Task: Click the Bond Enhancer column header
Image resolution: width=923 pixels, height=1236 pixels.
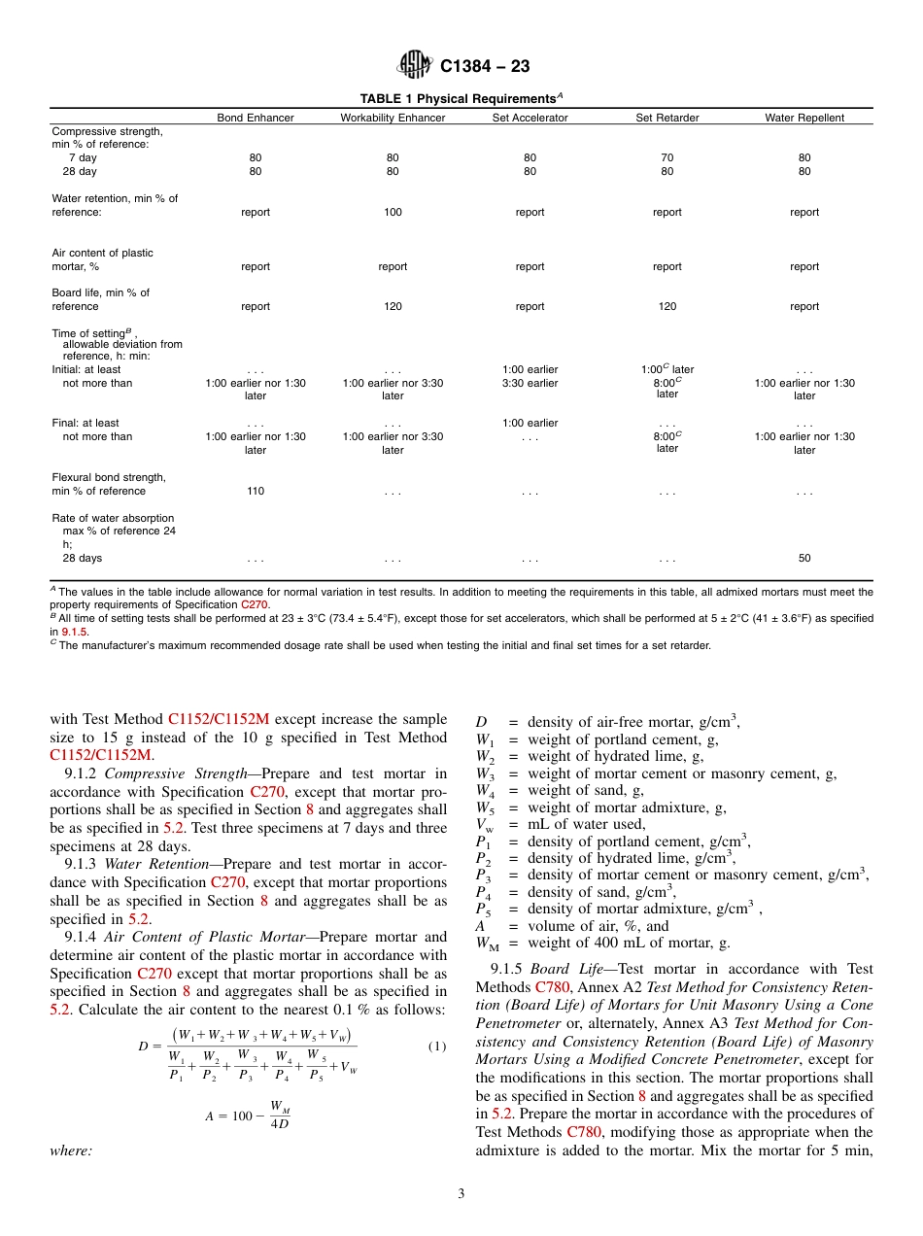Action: click(256, 118)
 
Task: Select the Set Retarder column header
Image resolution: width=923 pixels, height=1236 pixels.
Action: click(667, 118)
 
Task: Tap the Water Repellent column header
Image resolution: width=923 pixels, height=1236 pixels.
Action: click(804, 118)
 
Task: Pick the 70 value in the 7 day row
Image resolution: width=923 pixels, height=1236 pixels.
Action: click(667, 157)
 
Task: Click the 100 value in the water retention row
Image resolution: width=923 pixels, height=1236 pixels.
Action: click(393, 212)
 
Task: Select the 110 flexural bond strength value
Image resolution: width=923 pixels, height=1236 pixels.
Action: click(256, 492)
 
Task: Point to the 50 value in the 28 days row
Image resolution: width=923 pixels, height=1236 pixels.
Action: click(804, 559)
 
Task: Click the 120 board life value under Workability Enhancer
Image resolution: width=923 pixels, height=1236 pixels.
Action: click(393, 306)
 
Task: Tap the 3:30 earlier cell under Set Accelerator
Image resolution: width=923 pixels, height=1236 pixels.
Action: click(530, 383)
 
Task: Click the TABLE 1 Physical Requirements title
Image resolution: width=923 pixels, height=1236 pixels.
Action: click(461, 99)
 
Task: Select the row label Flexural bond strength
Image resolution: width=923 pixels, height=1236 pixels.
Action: click(109, 477)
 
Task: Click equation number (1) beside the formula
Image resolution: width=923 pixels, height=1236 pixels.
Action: click(436, 1046)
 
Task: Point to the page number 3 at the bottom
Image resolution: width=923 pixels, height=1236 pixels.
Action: click(461, 1193)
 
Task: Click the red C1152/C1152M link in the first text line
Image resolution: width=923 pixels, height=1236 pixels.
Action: click(219, 720)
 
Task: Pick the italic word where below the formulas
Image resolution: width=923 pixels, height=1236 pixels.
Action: click(71, 1151)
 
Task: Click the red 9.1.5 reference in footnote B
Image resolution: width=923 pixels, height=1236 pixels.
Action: click(75, 632)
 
